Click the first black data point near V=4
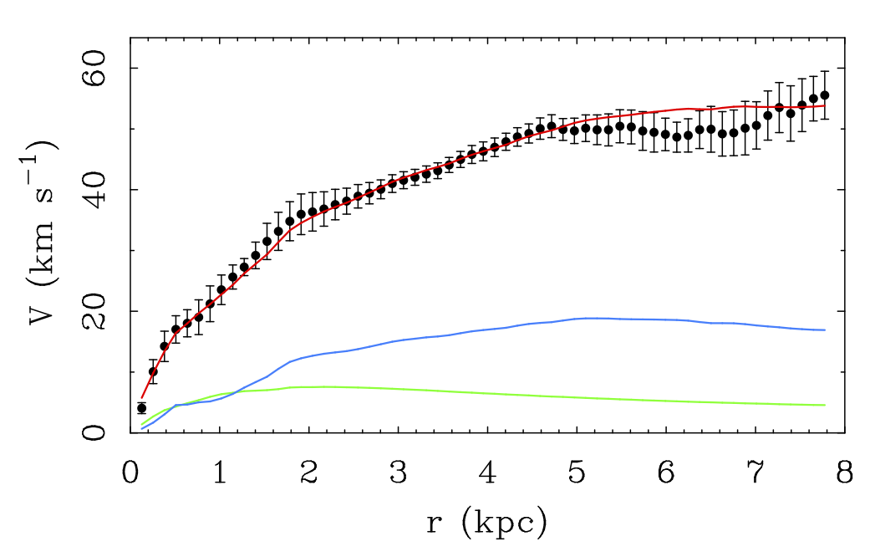pyautogui.click(x=142, y=408)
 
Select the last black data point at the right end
pyautogui.click(x=824, y=95)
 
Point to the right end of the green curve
pyautogui.click(x=825, y=405)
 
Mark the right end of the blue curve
pyautogui.click(x=825, y=330)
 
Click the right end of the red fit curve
pyautogui.click(x=825, y=105)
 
